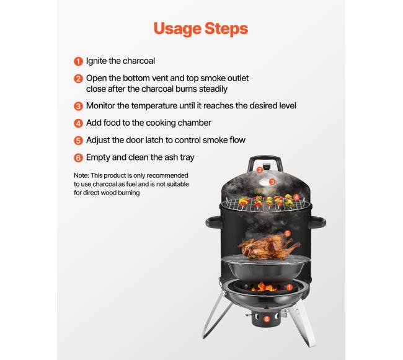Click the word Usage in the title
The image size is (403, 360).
[x=177, y=29]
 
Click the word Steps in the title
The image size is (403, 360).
[x=226, y=29]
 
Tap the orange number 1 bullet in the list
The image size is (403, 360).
[x=78, y=61]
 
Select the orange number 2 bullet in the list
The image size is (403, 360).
[x=78, y=79]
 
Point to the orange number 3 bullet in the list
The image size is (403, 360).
[x=78, y=106]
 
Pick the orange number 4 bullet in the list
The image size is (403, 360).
[x=78, y=123]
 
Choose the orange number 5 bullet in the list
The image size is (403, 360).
[x=78, y=141]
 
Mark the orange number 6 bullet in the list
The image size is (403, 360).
[x=78, y=157]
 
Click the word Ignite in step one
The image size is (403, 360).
[x=96, y=61]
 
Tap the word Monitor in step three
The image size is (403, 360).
[x=100, y=105]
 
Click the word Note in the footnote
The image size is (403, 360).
[x=81, y=175]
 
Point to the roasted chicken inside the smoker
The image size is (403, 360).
[x=268, y=247]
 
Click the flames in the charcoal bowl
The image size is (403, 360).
[x=264, y=287]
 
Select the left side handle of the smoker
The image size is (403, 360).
[x=213, y=222]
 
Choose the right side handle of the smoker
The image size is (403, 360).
[x=317, y=222]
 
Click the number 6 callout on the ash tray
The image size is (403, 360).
[x=267, y=319]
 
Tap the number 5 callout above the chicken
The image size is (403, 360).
[x=287, y=234]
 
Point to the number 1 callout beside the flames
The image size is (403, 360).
[x=289, y=287]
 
